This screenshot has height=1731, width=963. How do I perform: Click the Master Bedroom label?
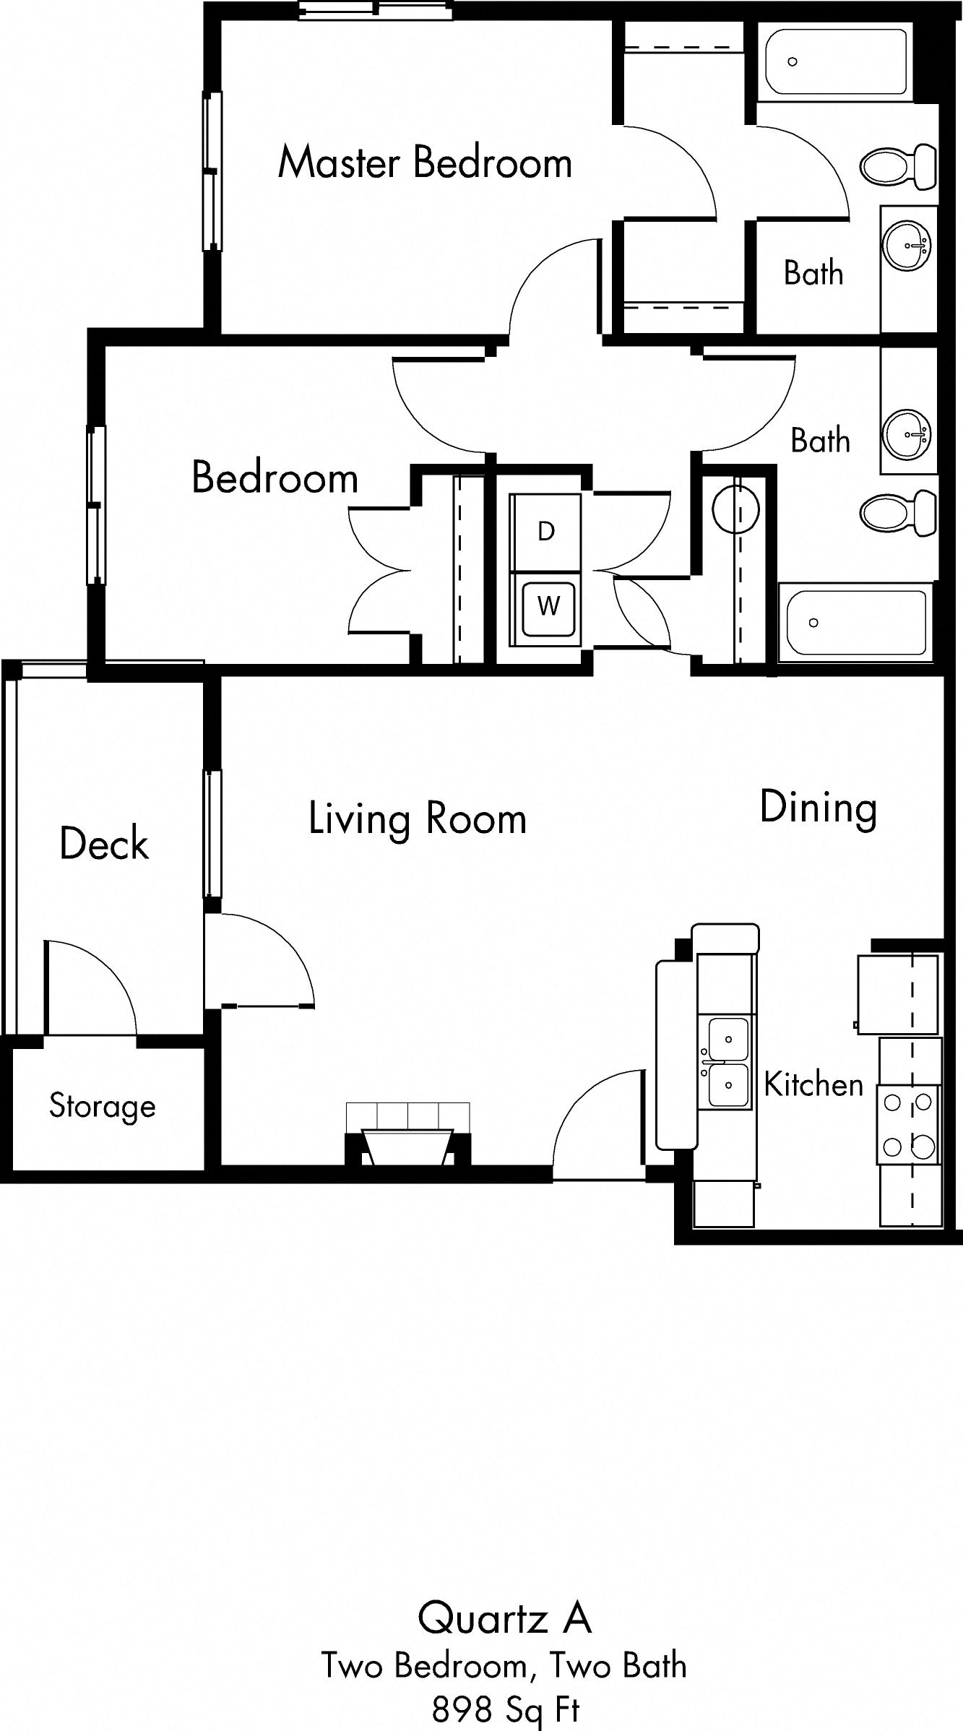425,163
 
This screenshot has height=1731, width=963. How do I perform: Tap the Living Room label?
418,819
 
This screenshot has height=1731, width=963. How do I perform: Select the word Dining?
819,808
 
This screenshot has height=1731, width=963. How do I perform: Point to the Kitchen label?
813,1084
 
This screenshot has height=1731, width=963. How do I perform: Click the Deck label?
104,844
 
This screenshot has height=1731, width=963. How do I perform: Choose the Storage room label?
103,1106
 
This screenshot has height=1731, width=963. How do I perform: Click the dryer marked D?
545,532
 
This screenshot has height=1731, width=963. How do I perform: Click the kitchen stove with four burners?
909,1124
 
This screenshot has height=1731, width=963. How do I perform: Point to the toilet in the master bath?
899,166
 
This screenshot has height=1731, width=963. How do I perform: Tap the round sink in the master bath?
906,246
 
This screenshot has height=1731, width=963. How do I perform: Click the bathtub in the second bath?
855,623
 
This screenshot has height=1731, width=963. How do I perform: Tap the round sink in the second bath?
907,434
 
